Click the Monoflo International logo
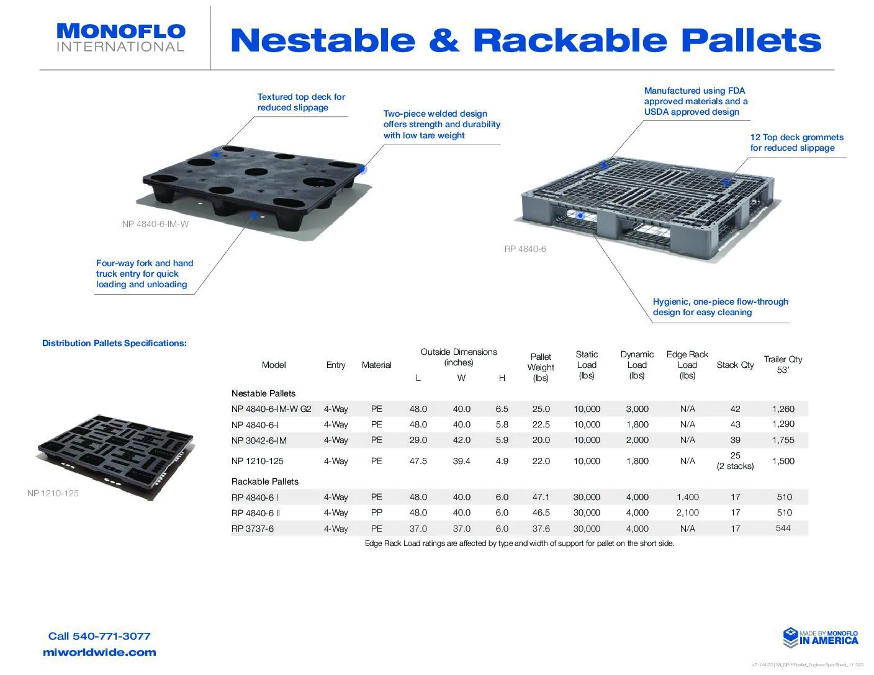click(x=120, y=38)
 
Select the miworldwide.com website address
click(x=99, y=653)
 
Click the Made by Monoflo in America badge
click(x=820, y=637)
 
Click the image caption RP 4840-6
click(x=525, y=249)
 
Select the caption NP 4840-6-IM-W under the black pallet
click(x=155, y=224)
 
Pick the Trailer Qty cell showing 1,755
click(x=783, y=440)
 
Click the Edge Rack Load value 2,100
click(x=687, y=513)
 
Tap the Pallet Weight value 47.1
click(x=541, y=498)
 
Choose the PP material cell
click(x=376, y=513)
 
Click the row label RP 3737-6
click(x=253, y=529)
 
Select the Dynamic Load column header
click(x=637, y=365)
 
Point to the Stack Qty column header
click(x=735, y=365)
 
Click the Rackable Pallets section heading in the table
click(x=265, y=481)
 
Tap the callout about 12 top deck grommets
click(x=796, y=143)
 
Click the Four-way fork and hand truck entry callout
click(x=145, y=274)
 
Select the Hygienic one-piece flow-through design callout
click(x=720, y=307)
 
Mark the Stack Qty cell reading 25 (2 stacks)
click(x=735, y=461)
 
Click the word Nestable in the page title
click(x=322, y=41)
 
